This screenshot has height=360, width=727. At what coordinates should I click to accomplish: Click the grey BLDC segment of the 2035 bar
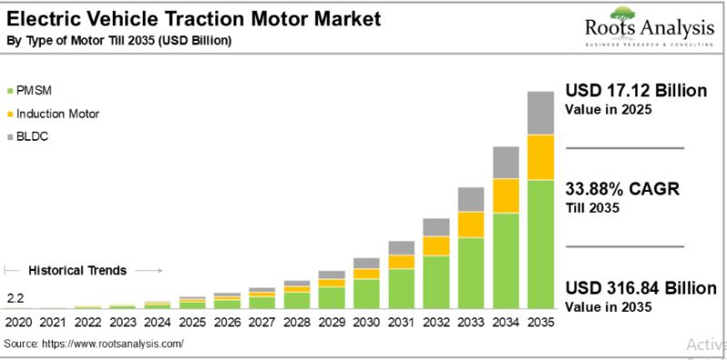541,113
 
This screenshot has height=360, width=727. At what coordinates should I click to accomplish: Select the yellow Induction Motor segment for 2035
541,157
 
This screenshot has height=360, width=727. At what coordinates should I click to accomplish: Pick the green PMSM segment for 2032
436,281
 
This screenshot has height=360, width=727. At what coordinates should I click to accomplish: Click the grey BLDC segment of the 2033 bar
471,199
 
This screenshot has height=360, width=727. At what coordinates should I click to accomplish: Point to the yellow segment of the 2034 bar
505,195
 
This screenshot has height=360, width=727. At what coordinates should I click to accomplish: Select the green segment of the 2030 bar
366,293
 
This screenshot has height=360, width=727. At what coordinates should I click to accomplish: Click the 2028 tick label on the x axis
297,322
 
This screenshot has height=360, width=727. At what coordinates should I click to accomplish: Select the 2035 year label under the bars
542,322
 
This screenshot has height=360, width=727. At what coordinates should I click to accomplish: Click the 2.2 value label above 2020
15,297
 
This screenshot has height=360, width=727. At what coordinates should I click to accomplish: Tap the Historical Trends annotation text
77,270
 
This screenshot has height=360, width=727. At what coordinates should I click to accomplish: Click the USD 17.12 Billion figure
635,91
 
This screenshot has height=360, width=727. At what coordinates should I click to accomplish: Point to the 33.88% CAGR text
622,189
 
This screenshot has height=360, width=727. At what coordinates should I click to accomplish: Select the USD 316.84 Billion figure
641,289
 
